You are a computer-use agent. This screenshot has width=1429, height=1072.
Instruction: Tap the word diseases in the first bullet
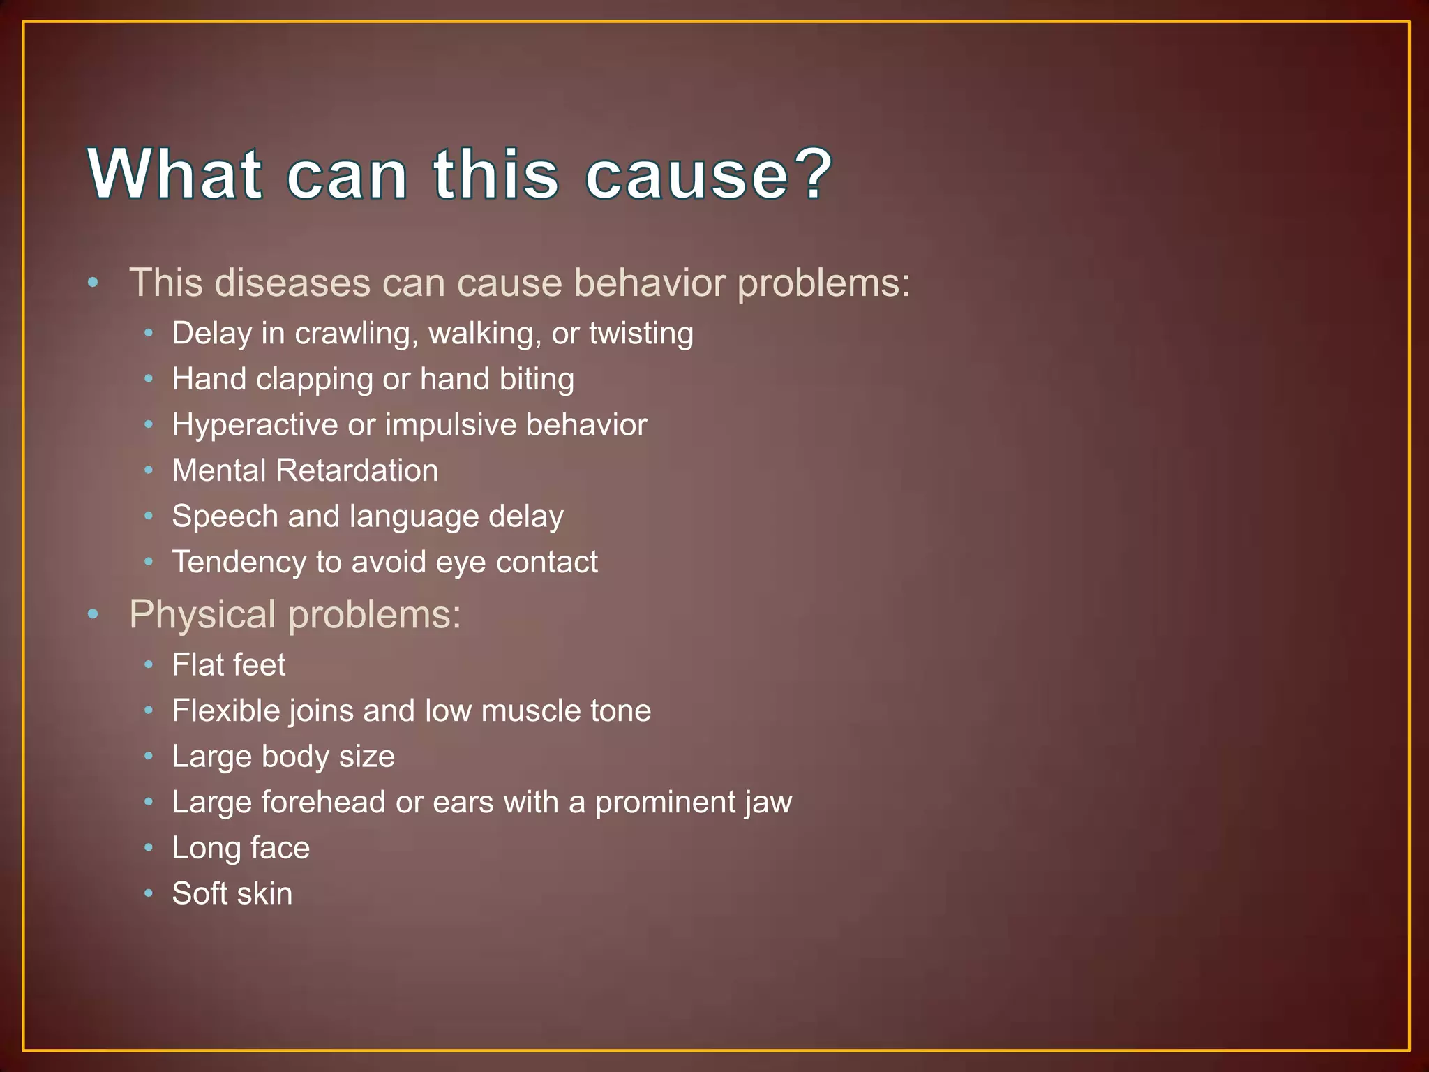[292, 283]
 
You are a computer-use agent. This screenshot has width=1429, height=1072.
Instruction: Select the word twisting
[641, 334]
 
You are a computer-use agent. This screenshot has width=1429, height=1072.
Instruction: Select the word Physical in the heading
[202, 615]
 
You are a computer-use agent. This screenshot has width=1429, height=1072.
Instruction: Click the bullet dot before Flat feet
[148, 664]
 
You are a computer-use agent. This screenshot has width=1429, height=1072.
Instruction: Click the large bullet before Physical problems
[93, 614]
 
